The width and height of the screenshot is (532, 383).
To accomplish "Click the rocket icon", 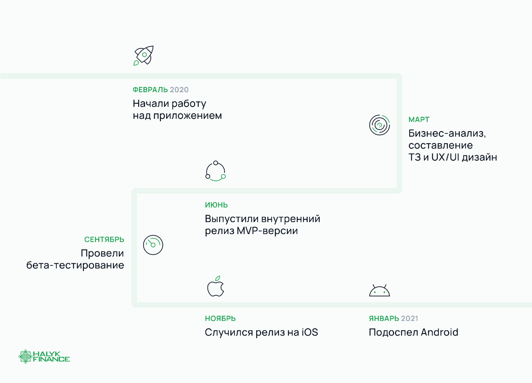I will pyautogui.click(x=143, y=55).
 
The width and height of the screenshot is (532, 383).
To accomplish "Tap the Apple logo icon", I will pyautogui.click(x=215, y=287).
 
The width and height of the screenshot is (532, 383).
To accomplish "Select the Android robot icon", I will pyautogui.click(x=379, y=290).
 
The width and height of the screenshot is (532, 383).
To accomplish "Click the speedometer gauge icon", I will pyautogui.click(x=153, y=244).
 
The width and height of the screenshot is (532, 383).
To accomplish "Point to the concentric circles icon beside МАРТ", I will pyautogui.click(x=379, y=125).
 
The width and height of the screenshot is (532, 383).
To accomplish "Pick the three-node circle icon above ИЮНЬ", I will pyautogui.click(x=215, y=171).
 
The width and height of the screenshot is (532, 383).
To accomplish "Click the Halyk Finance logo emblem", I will pyautogui.click(x=26, y=356).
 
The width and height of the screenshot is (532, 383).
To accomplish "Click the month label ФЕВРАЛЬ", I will pyautogui.click(x=150, y=90).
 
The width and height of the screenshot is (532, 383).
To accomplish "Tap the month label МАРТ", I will pyautogui.click(x=419, y=120).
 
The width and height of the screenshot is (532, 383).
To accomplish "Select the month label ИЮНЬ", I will pyautogui.click(x=216, y=205).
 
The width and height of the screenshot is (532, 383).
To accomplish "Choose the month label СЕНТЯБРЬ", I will pyautogui.click(x=104, y=240).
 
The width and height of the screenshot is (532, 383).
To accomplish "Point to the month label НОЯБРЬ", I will pyautogui.click(x=220, y=319).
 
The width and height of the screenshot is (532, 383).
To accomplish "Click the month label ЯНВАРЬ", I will pyautogui.click(x=384, y=319).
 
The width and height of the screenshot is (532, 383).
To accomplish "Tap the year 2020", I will pyautogui.click(x=179, y=90).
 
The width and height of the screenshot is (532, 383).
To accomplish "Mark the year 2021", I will pyautogui.click(x=409, y=319).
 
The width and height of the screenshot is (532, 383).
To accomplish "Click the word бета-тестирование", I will pyautogui.click(x=75, y=266).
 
